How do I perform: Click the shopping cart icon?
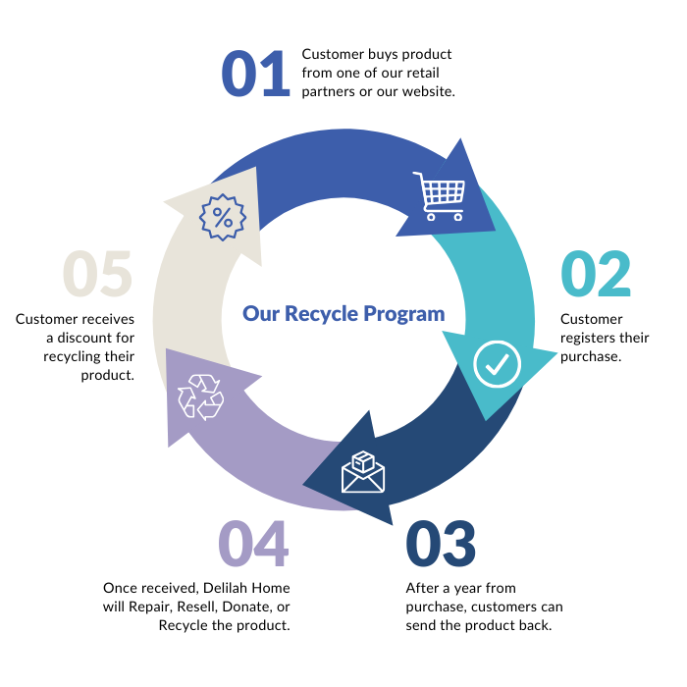click(x=438, y=197)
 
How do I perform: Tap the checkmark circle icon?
click(x=497, y=364)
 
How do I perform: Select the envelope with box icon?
click(x=363, y=471)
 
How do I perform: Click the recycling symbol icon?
click(x=200, y=396)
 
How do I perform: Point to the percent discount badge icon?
click(x=223, y=217)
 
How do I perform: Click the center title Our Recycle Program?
click(x=343, y=314)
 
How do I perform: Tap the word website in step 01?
click(x=424, y=91)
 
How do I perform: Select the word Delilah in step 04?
click(x=228, y=588)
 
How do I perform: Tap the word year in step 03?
click(x=465, y=588)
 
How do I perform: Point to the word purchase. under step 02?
click(x=591, y=356)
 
